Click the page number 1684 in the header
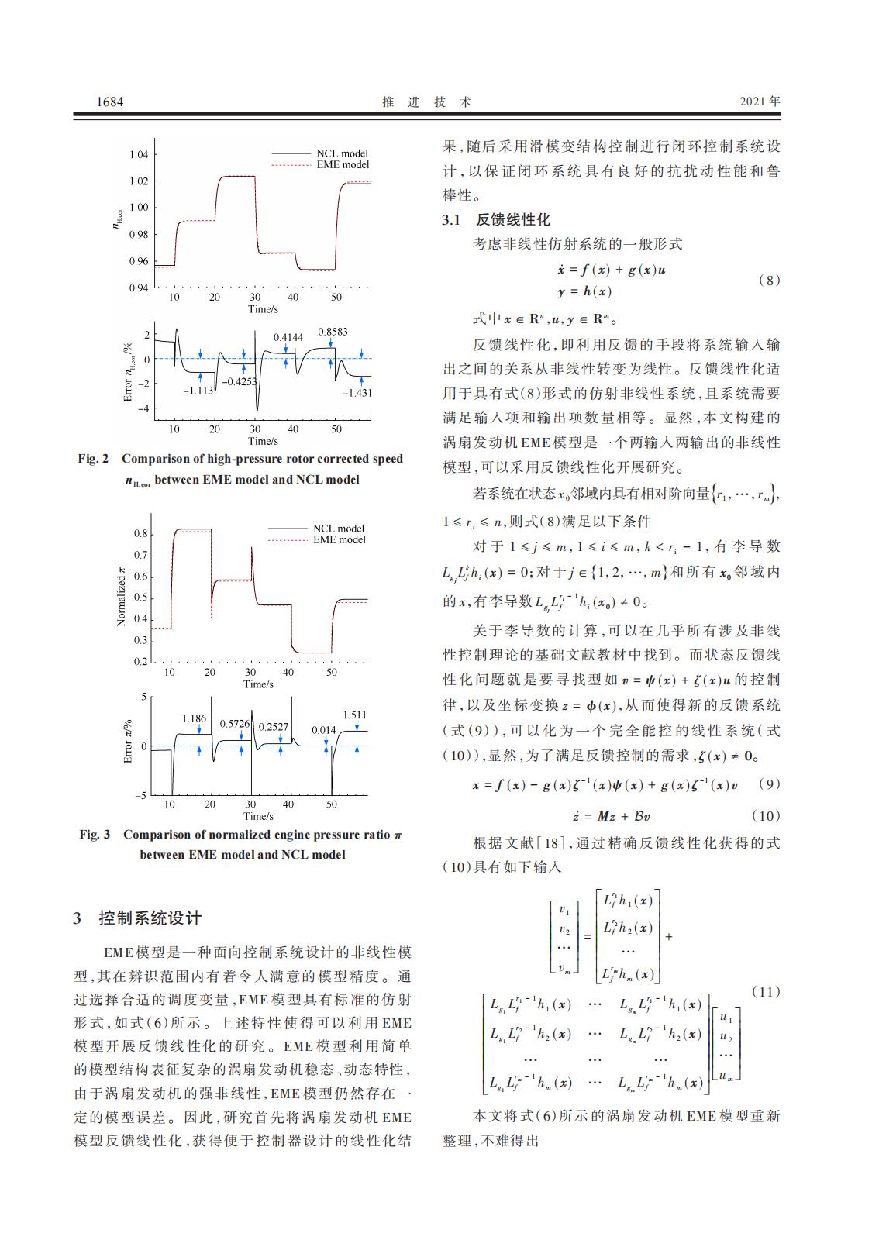point(109,102)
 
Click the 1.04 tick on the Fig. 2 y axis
point(138,154)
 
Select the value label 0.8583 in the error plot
point(333,332)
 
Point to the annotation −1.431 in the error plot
point(357,393)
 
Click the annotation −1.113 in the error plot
point(198,391)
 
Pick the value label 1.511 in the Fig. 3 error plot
point(354,715)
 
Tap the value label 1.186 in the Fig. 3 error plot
point(194,718)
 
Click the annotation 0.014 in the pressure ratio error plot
point(324,729)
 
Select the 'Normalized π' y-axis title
point(121,596)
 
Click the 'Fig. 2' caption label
point(93,459)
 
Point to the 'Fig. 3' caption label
point(95,835)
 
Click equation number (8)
point(768,281)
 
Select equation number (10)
point(766,816)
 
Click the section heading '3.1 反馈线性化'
point(496,220)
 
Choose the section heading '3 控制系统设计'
point(137,918)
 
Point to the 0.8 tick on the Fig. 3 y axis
point(140,533)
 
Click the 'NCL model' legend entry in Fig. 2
point(342,153)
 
